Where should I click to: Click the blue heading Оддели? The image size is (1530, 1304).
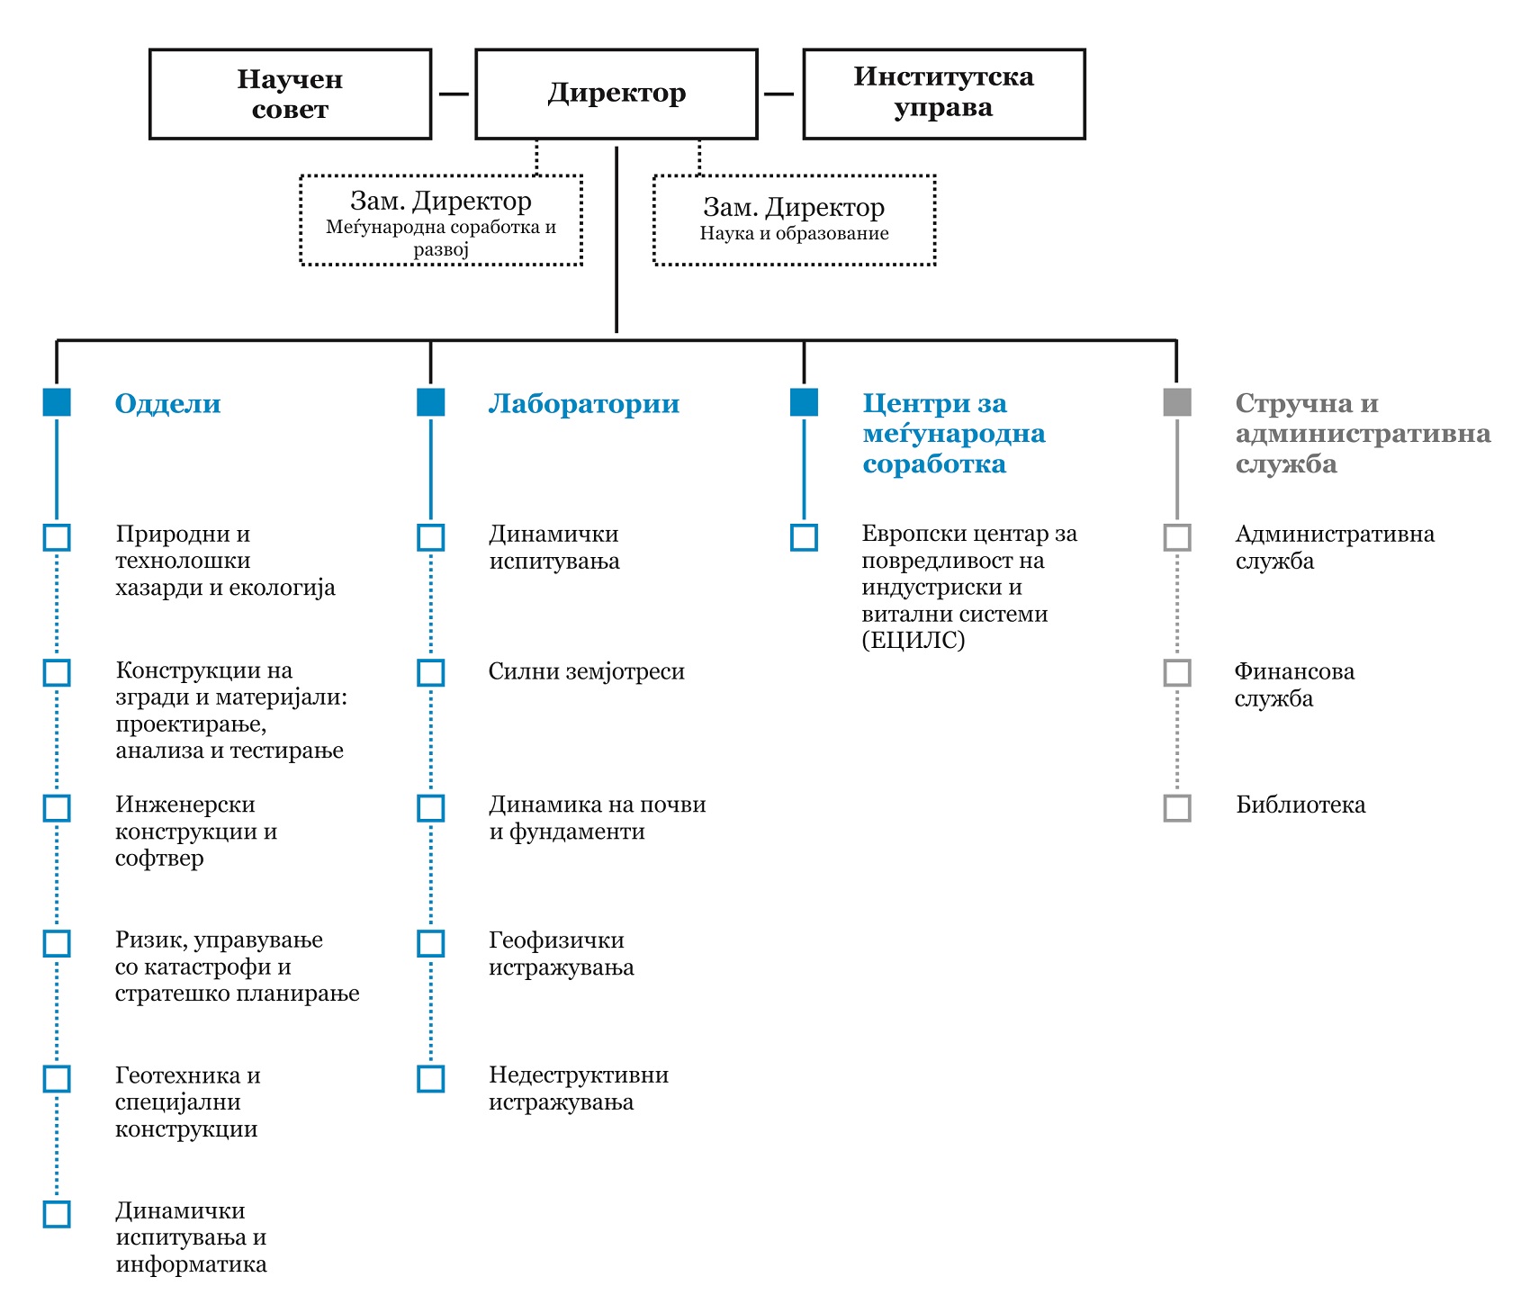[x=167, y=403]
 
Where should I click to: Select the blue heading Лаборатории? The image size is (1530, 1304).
[x=584, y=403]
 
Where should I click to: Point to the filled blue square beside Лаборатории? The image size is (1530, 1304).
[x=431, y=402]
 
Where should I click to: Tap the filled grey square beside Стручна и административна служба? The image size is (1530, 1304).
[x=1177, y=402]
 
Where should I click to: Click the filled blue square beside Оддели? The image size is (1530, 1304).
[x=57, y=402]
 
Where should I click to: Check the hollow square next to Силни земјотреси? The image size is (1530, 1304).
[x=431, y=672]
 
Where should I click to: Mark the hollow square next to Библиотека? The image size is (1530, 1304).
[x=1177, y=807]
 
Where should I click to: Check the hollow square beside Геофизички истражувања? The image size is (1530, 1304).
[x=431, y=943]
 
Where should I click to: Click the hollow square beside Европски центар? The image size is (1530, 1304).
[x=804, y=537]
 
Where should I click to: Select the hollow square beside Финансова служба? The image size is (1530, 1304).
[x=1177, y=672]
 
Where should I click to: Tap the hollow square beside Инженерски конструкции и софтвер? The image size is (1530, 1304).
[x=57, y=807]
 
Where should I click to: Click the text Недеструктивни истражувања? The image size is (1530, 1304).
[x=579, y=1089]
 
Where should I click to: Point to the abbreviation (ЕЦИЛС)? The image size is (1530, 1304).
[x=913, y=641]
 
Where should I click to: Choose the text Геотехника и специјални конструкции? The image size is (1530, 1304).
[x=188, y=1102]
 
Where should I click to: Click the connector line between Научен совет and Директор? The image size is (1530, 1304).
[x=454, y=94]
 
